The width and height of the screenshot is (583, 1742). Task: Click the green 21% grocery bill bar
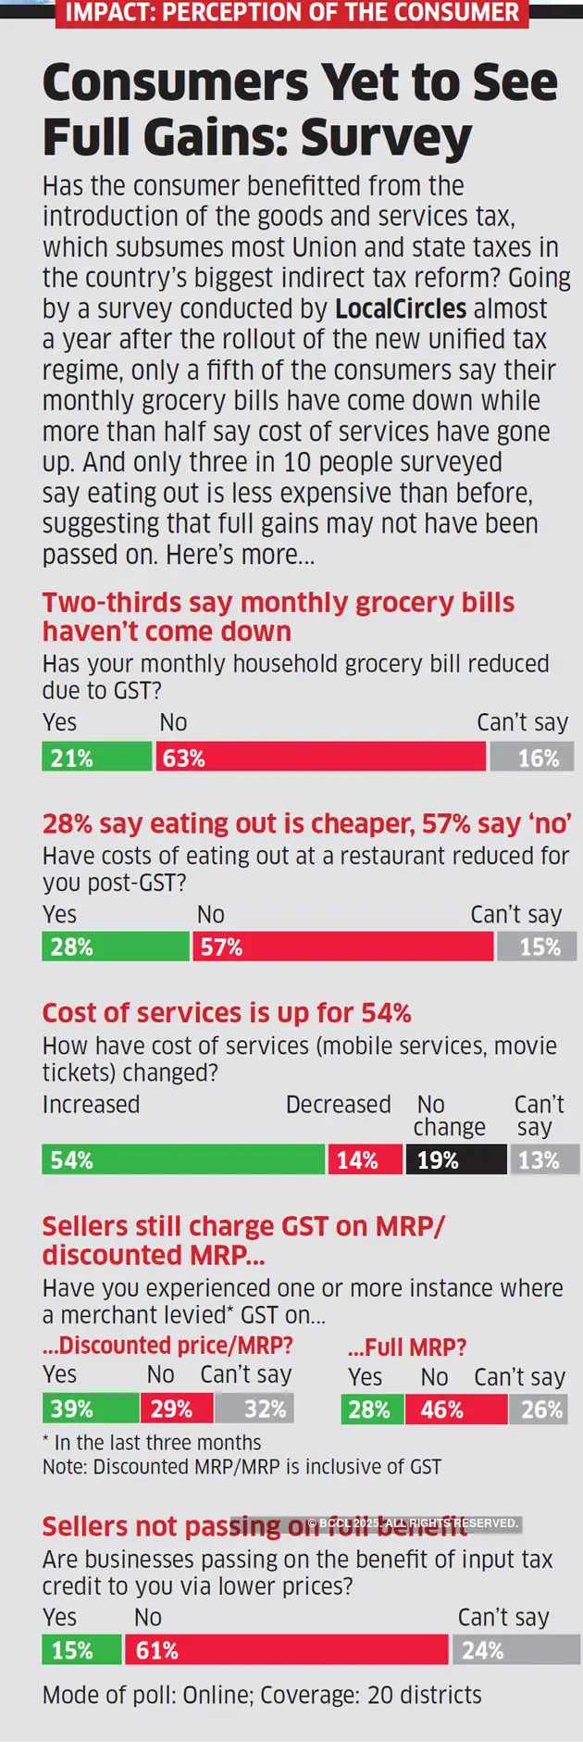pyautogui.click(x=96, y=757)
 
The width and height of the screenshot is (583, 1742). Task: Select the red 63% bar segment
pyautogui.click(x=320, y=757)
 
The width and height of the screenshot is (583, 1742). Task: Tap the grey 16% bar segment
pyautogui.click(x=531, y=757)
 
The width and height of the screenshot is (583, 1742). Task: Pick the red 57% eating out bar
pyautogui.click(x=342, y=946)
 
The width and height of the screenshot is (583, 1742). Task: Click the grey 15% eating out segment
pyautogui.click(x=537, y=946)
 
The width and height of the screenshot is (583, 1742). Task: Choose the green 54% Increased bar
pyautogui.click(x=183, y=1159)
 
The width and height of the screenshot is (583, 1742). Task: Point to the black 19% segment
pyautogui.click(x=456, y=1159)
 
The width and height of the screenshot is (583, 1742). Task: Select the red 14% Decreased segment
pyautogui.click(x=366, y=1159)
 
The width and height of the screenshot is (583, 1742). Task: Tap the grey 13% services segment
pyautogui.click(x=544, y=1159)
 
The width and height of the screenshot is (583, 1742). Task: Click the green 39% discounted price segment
pyautogui.click(x=90, y=1409)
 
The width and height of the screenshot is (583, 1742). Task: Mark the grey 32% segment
pyautogui.click(x=254, y=1409)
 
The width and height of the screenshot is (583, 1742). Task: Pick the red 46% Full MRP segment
pyautogui.click(x=456, y=1410)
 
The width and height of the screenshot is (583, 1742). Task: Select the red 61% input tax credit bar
pyautogui.click(x=287, y=1650)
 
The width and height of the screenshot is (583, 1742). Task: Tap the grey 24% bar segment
pyautogui.click(x=515, y=1650)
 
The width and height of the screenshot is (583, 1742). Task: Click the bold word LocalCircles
pyautogui.click(x=401, y=308)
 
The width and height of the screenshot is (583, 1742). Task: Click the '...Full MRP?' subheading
pyautogui.click(x=407, y=1347)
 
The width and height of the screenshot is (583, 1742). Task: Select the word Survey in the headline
pyautogui.click(x=386, y=137)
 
